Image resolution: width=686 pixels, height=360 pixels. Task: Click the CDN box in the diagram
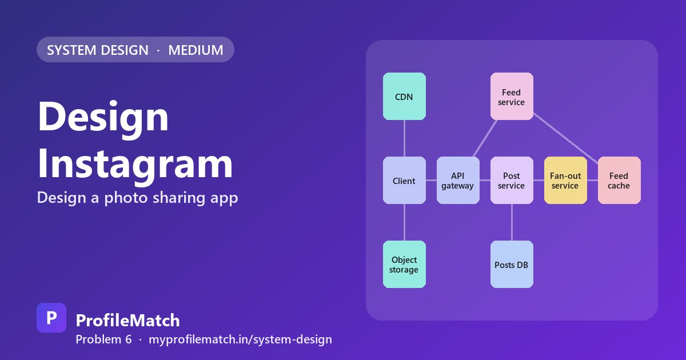click(404, 97)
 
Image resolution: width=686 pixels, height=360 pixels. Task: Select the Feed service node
click(512, 97)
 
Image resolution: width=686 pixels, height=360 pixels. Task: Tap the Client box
click(404, 181)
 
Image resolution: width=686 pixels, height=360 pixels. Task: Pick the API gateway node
click(458, 181)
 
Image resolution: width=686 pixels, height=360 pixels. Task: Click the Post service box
click(512, 181)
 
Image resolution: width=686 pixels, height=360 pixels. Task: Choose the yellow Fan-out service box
click(565, 181)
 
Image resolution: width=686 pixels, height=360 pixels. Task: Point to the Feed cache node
click(619, 181)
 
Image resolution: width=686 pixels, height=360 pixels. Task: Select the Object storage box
click(404, 264)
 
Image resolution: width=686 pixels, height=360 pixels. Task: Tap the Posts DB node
click(512, 264)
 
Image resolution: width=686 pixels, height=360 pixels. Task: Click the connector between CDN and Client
click(404, 138)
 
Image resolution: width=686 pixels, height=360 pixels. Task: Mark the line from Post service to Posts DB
click(512, 222)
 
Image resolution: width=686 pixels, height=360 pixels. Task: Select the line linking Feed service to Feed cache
click(566, 138)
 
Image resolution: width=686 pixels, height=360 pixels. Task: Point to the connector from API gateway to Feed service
click(485, 138)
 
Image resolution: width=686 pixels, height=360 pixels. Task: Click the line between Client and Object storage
click(404, 222)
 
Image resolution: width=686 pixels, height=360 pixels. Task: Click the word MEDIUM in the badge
click(196, 50)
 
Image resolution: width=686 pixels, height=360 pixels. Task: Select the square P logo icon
click(51, 318)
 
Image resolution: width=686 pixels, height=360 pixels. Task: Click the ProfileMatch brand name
click(127, 321)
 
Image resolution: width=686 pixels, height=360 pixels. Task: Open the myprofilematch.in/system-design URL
click(241, 339)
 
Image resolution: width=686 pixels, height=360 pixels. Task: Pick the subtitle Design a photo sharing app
click(138, 198)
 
